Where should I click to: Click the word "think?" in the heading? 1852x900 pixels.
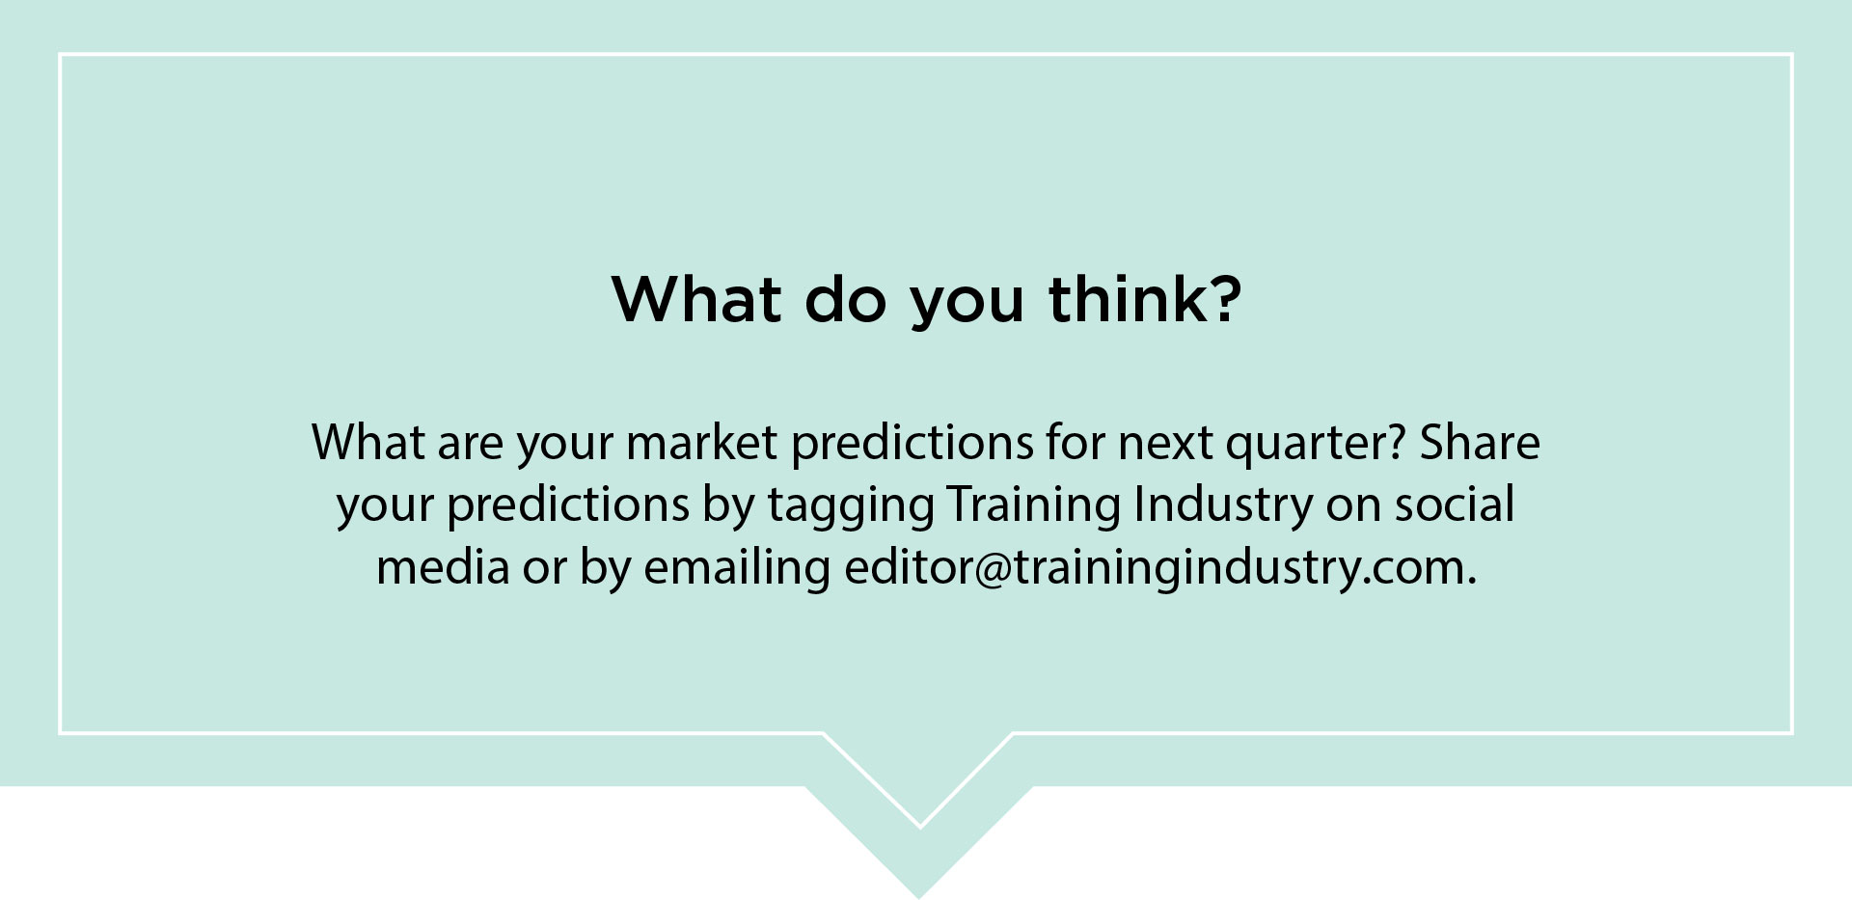pos(1145,299)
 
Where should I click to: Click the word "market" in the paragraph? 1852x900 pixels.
pos(701,442)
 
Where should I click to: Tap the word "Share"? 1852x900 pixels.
pos(1480,442)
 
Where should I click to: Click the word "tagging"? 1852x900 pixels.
pos(851,507)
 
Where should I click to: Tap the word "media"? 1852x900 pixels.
pos(443,566)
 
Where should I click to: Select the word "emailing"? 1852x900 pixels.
pos(737,569)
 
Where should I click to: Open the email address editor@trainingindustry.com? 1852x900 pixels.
pos(1160,569)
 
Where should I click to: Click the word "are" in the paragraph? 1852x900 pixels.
pos(470,444)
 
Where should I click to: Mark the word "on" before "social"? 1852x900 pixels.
pos(1353,507)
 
